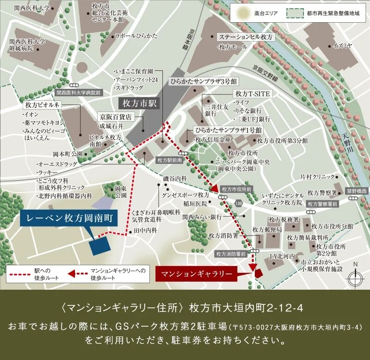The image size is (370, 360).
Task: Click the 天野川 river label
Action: [345, 143]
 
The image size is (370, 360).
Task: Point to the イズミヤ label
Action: [343, 45]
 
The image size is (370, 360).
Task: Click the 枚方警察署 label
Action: [322, 192]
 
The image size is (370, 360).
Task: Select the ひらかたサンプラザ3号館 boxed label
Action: [203, 81]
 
